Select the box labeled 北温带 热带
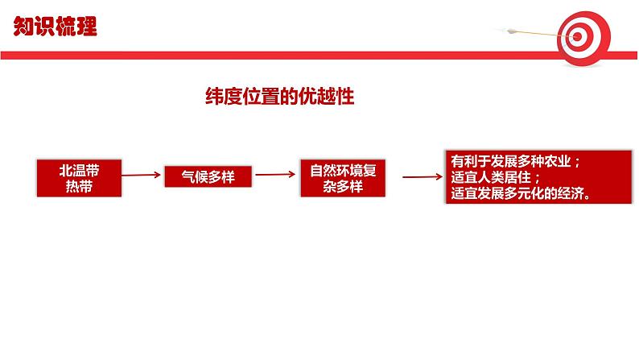79,177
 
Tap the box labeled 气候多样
208,177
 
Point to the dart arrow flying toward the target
531,32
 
